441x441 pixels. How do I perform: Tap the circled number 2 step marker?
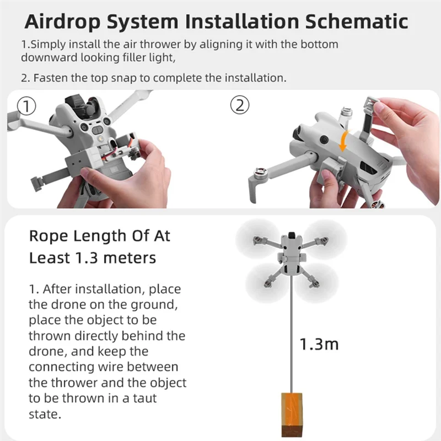pos(239,105)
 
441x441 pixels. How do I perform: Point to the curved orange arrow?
pos(345,138)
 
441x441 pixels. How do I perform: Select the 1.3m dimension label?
pos(319,345)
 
